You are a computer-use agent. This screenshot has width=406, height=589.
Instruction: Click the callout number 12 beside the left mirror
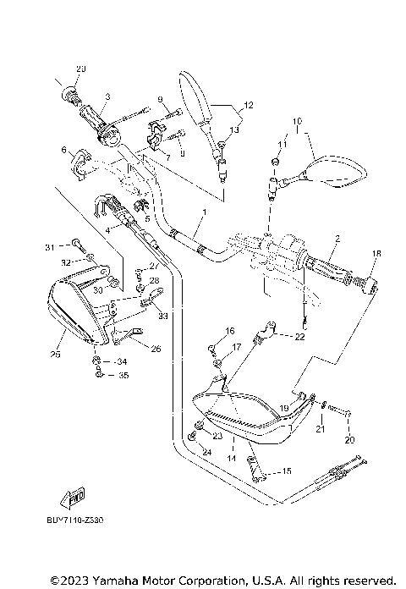point(248,106)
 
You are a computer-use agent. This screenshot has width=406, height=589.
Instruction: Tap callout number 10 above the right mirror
point(298,122)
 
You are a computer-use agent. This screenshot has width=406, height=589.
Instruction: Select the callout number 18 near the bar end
point(376,253)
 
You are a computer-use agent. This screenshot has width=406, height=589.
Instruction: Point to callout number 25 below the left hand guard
point(57,355)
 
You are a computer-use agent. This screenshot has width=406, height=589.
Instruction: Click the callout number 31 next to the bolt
point(49,247)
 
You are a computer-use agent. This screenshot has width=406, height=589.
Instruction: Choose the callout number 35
point(123,374)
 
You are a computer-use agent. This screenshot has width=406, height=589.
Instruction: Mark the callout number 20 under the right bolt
point(349,440)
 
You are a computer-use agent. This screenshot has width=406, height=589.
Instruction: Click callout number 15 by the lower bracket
point(286,471)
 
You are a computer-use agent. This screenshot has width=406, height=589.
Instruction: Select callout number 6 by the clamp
point(63,150)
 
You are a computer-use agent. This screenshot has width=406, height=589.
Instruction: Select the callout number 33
point(163,316)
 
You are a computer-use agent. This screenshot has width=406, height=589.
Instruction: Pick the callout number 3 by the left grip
point(107,97)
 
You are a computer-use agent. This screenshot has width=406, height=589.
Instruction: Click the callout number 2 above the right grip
point(336,239)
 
